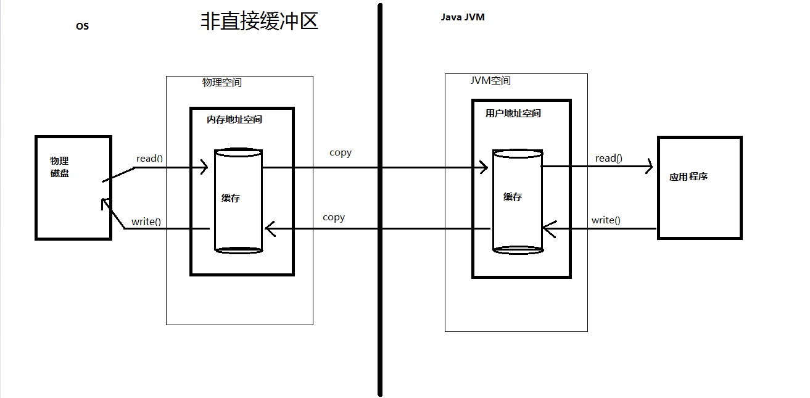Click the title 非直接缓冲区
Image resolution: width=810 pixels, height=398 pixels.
click(x=259, y=21)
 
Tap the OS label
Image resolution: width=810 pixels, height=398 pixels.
click(x=82, y=27)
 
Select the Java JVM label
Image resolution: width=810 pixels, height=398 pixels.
click(x=462, y=17)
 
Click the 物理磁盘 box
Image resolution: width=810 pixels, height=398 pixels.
click(x=73, y=188)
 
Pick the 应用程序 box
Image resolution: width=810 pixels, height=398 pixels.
click(x=700, y=188)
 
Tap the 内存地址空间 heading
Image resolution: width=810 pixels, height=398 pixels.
click(x=234, y=120)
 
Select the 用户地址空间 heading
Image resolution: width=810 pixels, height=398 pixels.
click(x=513, y=114)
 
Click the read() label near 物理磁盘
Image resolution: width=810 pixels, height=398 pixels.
click(x=149, y=159)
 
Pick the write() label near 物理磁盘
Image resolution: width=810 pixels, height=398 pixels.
click(x=146, y=222)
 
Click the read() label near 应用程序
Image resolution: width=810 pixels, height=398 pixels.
click(x=608, y=159)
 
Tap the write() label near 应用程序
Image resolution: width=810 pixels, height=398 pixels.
click(x=606, y=220)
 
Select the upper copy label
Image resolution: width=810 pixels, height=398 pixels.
click(x=341, y=152)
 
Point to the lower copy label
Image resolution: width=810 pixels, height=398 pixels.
click(x=334, y=217)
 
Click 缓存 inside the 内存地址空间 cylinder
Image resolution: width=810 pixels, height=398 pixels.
click(x=231, y=199)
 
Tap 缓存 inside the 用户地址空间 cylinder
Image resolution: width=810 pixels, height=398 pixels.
click(x=513, y=197)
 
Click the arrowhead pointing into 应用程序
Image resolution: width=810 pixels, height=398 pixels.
click(x=648, y=167)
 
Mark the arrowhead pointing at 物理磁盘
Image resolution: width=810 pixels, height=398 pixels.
click(x=105, y=204)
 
